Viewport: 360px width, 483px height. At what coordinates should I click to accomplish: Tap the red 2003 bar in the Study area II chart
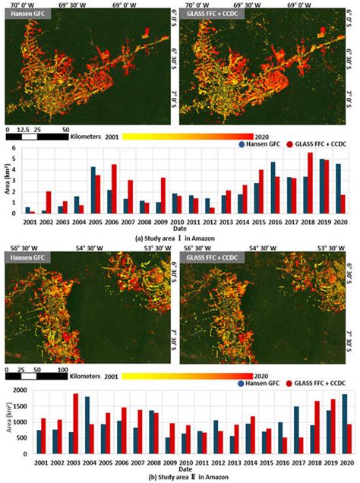click(x=76, y=423)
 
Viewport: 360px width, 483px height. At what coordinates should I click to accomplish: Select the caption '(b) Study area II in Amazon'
click(x=179, y=477)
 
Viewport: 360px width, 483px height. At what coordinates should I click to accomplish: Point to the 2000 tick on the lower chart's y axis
click(x=16, y=390)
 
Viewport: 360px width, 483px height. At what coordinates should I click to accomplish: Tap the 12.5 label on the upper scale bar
click(x=23, y=130)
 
